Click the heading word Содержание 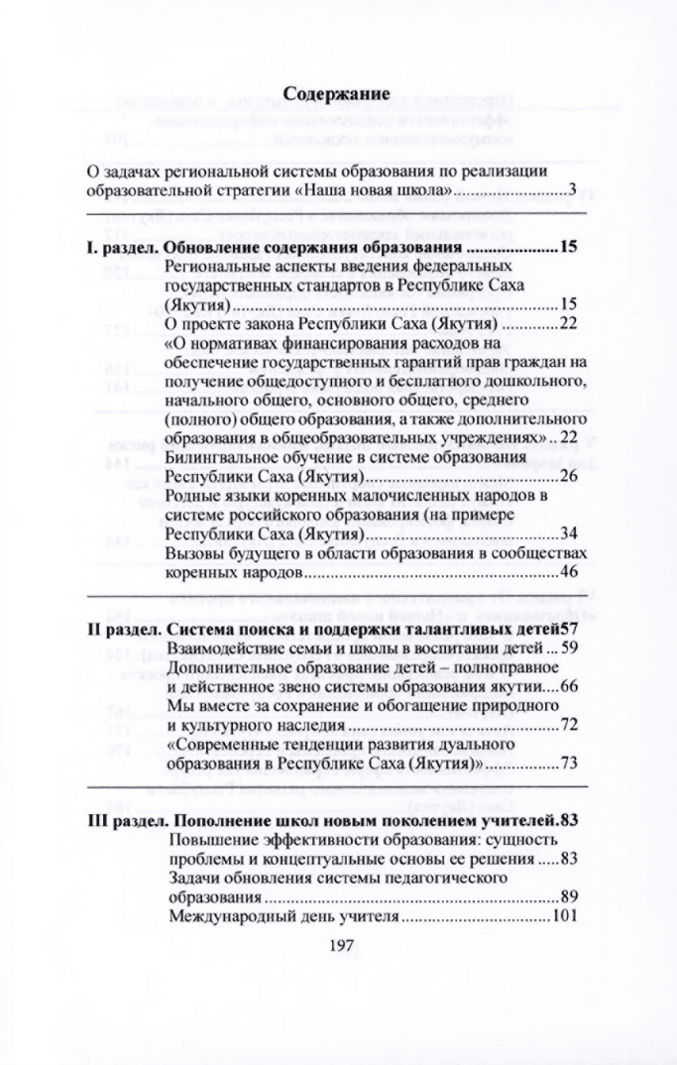point(338,94)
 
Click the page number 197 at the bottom point(338,946)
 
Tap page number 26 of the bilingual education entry point(569,477)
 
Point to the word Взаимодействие point(229,649)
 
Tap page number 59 point(569,649)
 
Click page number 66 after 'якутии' point(569,686)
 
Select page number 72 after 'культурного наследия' point(569,725)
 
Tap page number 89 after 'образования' point(569,896)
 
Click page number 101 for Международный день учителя point(565,915)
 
